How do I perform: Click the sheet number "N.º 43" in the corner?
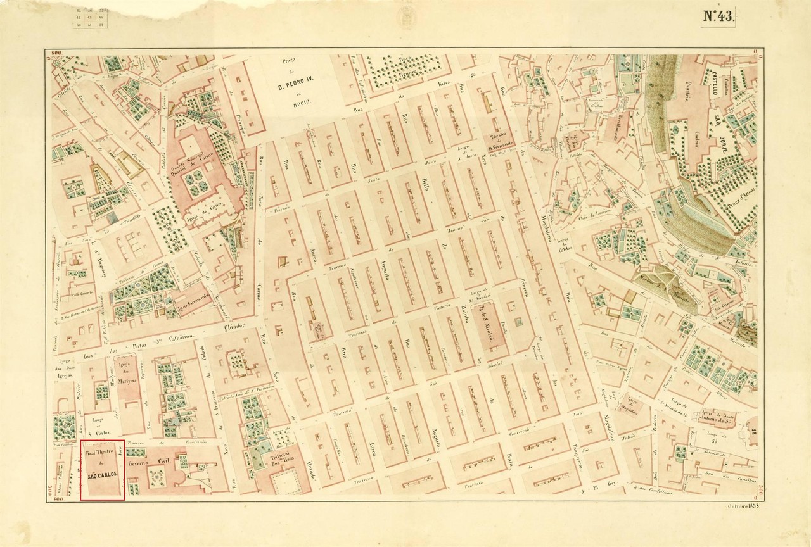coord(717,18)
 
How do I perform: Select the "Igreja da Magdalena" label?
coord(627,403)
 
